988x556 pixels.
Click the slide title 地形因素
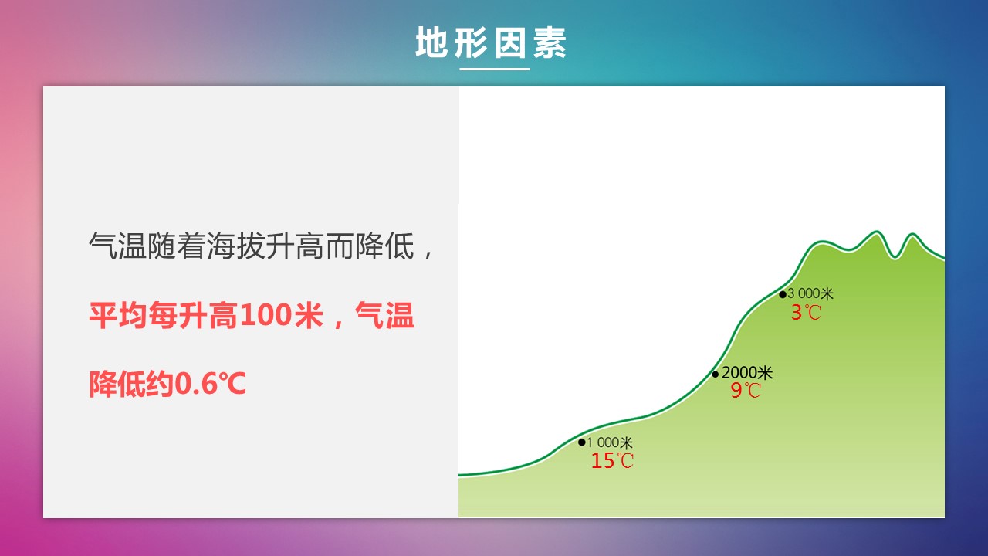(491, 42)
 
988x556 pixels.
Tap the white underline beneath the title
(495, 69)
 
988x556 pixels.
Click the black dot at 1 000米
(582, 442)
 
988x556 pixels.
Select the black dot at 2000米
(715, 375)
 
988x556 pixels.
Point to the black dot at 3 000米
(783, 294)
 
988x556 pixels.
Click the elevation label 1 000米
(610, 442)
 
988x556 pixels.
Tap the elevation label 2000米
(746, 373)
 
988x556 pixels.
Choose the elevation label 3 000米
(810, 293)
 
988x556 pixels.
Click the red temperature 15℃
(612, 461)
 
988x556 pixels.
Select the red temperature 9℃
(746, 390)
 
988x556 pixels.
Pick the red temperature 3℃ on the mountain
(806, 313)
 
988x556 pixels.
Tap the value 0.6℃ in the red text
(211, 383)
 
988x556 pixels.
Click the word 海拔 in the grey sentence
(236, 246)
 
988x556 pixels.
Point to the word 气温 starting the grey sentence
(118, 246)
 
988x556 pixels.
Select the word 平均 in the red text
(118, 315)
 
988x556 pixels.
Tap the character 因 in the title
(509, 42)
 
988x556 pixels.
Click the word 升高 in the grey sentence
(296, 246)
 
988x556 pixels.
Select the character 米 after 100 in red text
(309, 315)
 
